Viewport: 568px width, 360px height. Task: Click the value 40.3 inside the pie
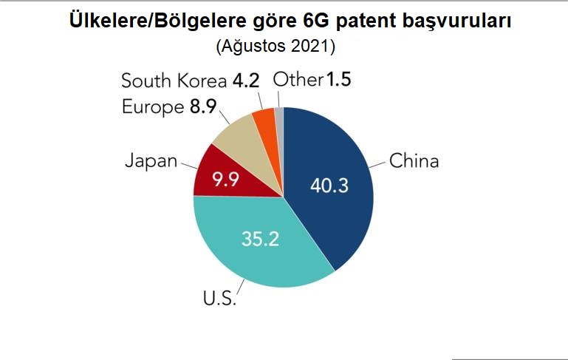[x=329, y=186]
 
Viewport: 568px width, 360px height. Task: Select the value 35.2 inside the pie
[x=260, y=238]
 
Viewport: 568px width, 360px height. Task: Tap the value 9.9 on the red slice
[x=227, y=180]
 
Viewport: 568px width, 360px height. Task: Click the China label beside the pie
[x=414, y=160]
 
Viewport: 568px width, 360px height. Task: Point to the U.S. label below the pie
[x=219, y=299]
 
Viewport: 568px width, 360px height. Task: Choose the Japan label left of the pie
[x=151, y=160]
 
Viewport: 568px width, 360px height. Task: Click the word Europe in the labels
[x=152, y=107]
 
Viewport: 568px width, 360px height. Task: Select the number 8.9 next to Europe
[x=202, y=107]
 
